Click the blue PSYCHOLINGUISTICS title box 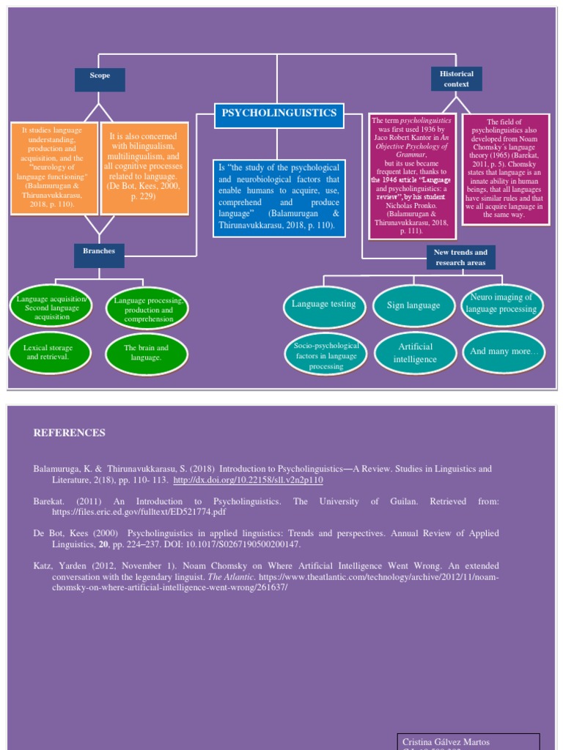click(x=279, y=114)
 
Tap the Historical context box click(x=456, y=79)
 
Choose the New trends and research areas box click(x=460, y=257)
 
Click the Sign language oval click(x=413, y=305)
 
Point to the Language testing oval click(x=323, y=304)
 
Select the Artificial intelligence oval click(x=414, y=353)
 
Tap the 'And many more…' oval click(x=504, y=352)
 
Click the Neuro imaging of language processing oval click(x=502, y=303)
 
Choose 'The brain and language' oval click(x=147, y=353)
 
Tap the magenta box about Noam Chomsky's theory click(x=504, y=168)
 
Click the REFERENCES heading click(x=70, y=433)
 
